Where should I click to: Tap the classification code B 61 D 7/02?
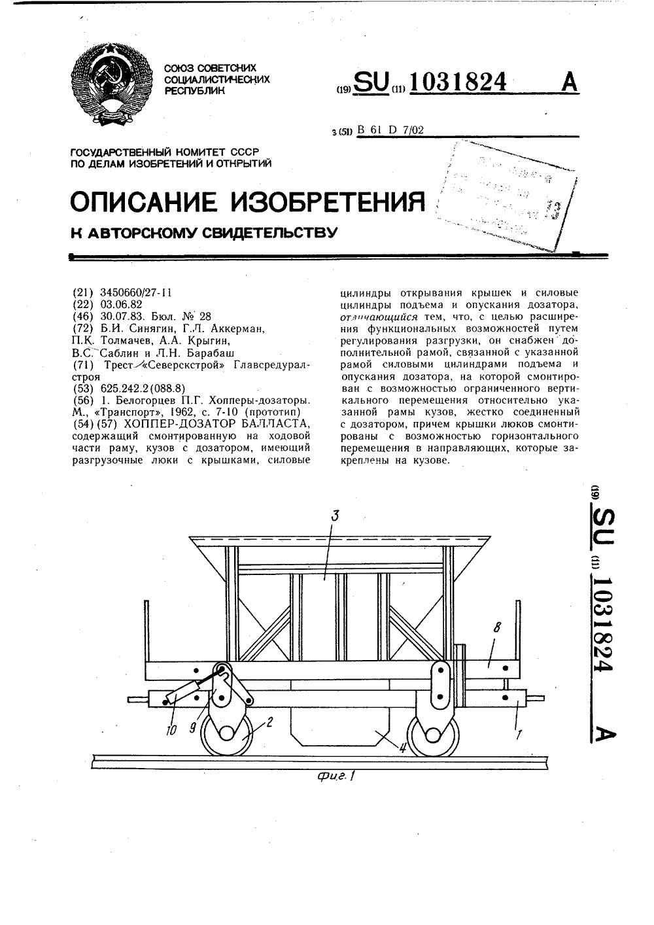click(x=390, y=130)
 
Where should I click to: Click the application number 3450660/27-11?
click(x=136, y=293)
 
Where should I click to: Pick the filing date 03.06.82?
click(x=121, y=305)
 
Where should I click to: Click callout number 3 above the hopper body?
click(x=335, y=516)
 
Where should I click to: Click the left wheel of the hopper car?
click(x=229, y=733)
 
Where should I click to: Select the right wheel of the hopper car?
click(x=434, y=733)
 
